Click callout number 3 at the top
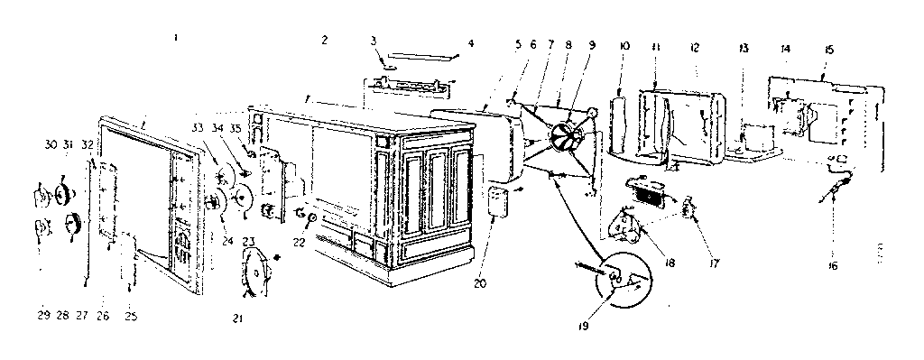(374, 41)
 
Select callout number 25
(132, 316)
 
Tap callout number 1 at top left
(175, 38)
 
